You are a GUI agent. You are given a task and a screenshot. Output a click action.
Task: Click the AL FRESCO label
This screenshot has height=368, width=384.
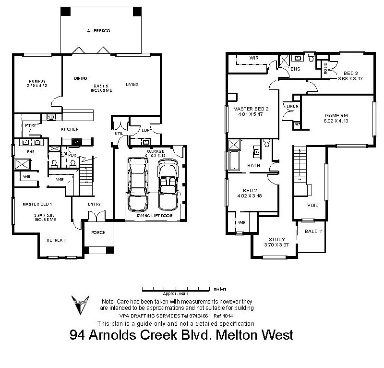point(98,31)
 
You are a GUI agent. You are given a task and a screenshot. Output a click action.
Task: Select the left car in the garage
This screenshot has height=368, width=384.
point(137,184)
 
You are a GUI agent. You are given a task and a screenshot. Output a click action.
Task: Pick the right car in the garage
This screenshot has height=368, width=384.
point(168,184)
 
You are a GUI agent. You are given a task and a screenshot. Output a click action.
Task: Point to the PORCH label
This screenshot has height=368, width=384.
point(98,233)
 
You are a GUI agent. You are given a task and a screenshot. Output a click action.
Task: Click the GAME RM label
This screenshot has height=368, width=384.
point(336,116)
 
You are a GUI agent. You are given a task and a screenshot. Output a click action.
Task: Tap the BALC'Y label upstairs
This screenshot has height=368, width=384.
point(312,231)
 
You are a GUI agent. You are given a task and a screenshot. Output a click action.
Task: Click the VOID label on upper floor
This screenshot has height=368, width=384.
point(312,205)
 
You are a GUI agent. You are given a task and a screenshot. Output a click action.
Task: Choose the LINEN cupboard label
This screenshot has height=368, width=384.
point(293,106)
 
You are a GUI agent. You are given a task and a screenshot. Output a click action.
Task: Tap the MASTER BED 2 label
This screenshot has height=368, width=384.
point(251,109)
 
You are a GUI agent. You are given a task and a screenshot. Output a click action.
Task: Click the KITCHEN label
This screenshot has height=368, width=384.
point(70,129)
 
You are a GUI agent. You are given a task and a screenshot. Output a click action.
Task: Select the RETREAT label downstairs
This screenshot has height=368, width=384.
point(56,240)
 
